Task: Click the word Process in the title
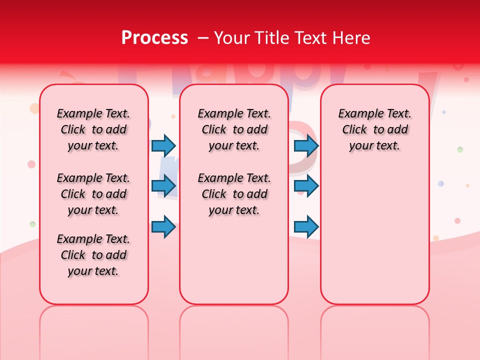[x=154, y=38]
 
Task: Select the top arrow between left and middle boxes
[x=163, y=145]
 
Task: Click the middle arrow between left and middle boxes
[x=163, y=186]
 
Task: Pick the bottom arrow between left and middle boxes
[x=163, y=226]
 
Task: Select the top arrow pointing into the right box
[x=306, y=145]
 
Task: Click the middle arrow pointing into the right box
[x=306, y=186]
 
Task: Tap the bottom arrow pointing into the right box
[x=306, y=226]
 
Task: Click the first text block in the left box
[x=93, y=129]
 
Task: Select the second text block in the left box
[x=93, y=194]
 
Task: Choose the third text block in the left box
[x=93, y=255]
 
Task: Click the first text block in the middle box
[x=234, y=129]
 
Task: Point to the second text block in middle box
[x=234, y=194]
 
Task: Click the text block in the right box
[x=374, y=129]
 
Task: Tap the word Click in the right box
[x=354, y=130]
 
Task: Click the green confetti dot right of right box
[x=460, y=149]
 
